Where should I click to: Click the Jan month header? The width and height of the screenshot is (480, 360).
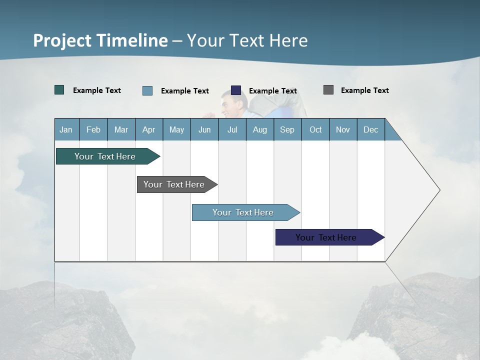66,129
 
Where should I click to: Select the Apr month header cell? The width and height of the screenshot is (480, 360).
148,129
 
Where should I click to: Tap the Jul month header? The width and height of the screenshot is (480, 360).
232,129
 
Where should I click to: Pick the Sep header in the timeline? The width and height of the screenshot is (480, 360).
287,129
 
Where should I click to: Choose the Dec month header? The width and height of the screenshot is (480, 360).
370,129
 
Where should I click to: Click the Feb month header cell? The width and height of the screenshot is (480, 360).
93,129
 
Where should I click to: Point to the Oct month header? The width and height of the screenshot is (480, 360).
315,129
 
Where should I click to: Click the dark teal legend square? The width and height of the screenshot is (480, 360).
59,90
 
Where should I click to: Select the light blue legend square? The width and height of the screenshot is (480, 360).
147,90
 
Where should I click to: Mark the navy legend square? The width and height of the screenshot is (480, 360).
236,90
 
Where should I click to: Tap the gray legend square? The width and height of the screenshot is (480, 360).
328,90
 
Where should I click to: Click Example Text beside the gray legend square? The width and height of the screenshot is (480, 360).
364,90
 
